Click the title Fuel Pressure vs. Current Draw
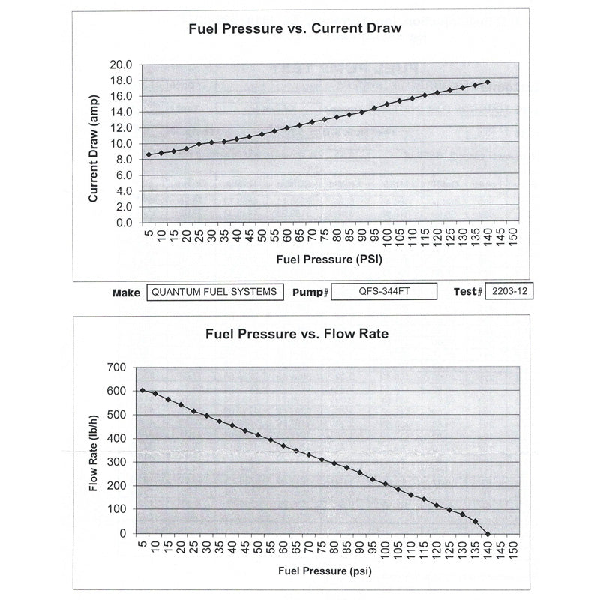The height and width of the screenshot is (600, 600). click(x=295, y=28)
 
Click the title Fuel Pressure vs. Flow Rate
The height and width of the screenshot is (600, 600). click(x=297, y=334)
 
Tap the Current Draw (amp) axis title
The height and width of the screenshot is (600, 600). click(x=93, y=148)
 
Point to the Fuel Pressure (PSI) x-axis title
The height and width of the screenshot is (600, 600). click(x=329, y=259)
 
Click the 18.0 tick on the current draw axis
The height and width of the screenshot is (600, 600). click(x=121, y=80)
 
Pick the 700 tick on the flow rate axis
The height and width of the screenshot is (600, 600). click(x=117, y=367)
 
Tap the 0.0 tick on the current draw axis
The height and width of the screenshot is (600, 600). click(x=124, y=223)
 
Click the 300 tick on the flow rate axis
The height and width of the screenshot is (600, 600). click(x=117, y=462)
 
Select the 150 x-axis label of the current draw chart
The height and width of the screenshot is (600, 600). click(x=514, y=235)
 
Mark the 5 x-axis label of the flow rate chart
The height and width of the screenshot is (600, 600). click(x=142, y=544)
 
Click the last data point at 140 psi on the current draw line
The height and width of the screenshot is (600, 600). click(x=487, y=82)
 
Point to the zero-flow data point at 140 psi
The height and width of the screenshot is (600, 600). click(x=487, y=534)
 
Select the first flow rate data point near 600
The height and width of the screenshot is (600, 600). click(x=142, y=390)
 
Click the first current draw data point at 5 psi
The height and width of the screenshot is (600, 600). click(x=148, y=154)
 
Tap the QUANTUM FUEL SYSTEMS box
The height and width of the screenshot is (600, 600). click(x=215, y=292)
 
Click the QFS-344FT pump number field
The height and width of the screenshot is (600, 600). click(x=384, y=291)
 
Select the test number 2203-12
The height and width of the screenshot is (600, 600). click(x=509, y=291)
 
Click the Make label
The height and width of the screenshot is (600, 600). click(x=126, y=293)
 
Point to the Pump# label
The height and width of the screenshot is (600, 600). click(x=310, y=292)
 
